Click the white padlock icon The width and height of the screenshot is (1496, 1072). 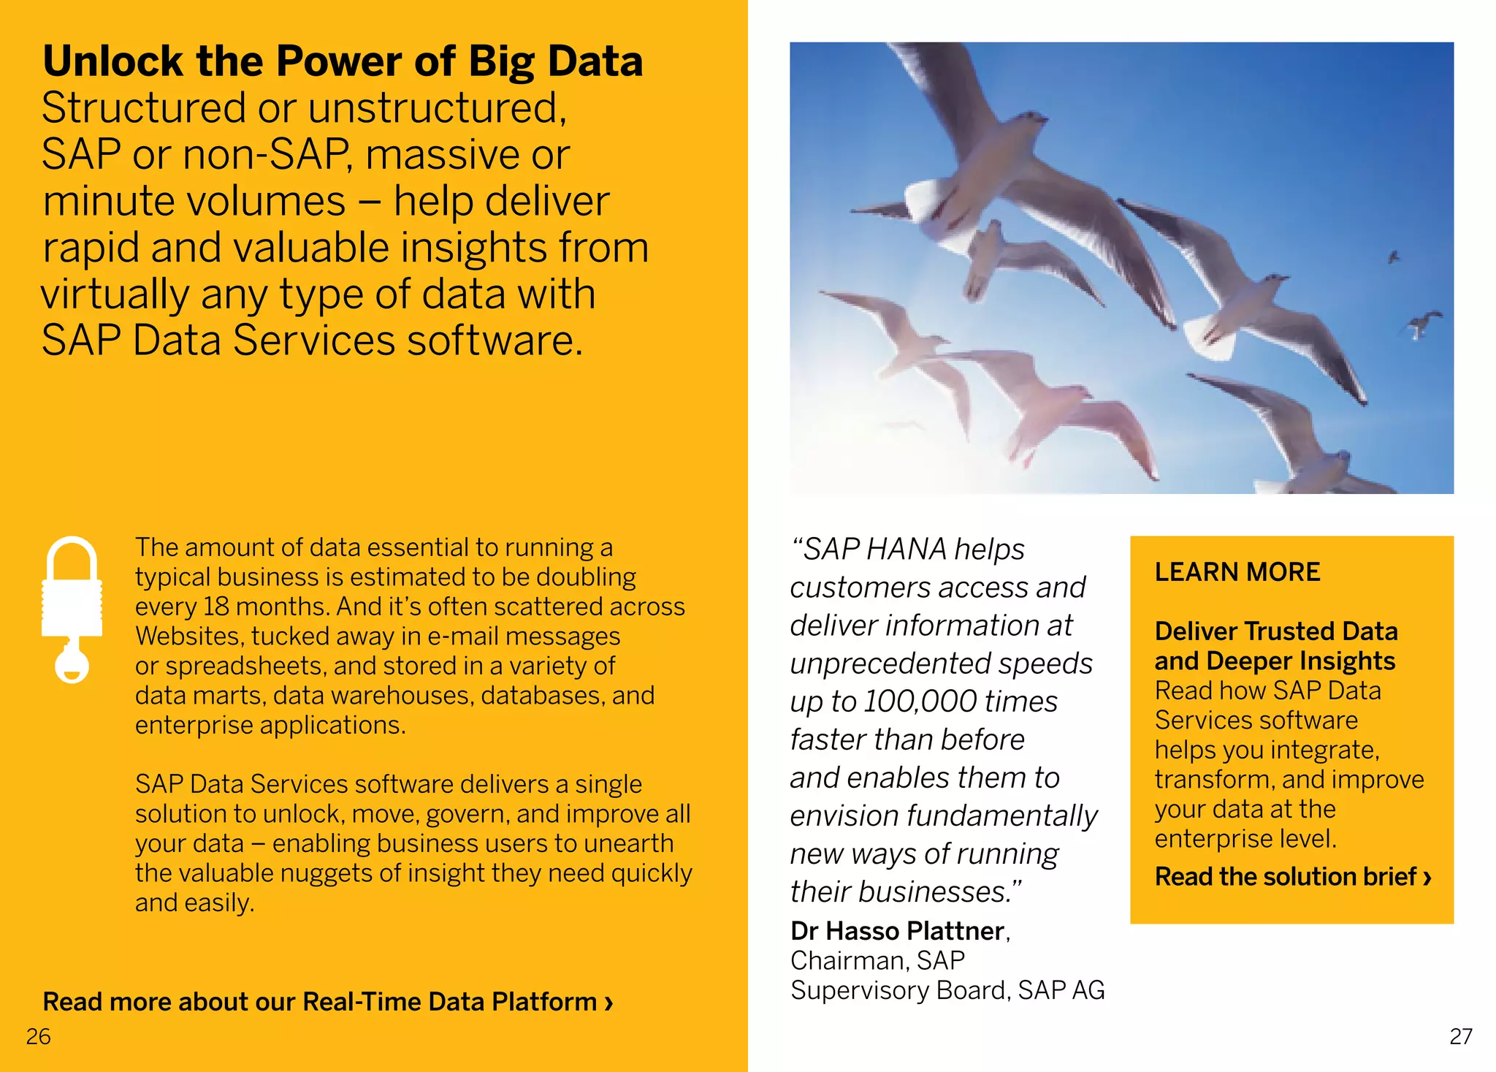coord(72,608)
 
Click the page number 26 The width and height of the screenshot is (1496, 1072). coord(38,1036)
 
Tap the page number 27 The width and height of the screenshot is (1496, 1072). coord(1460,1036)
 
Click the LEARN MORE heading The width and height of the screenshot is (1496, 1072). coord(1237,572)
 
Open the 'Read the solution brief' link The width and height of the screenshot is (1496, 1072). coord(1292,876)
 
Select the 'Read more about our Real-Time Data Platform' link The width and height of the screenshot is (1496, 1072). coord(327,1002)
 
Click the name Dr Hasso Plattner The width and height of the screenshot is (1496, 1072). coord(897,931)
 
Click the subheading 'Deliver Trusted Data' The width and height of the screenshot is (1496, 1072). coord(1275,631)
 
